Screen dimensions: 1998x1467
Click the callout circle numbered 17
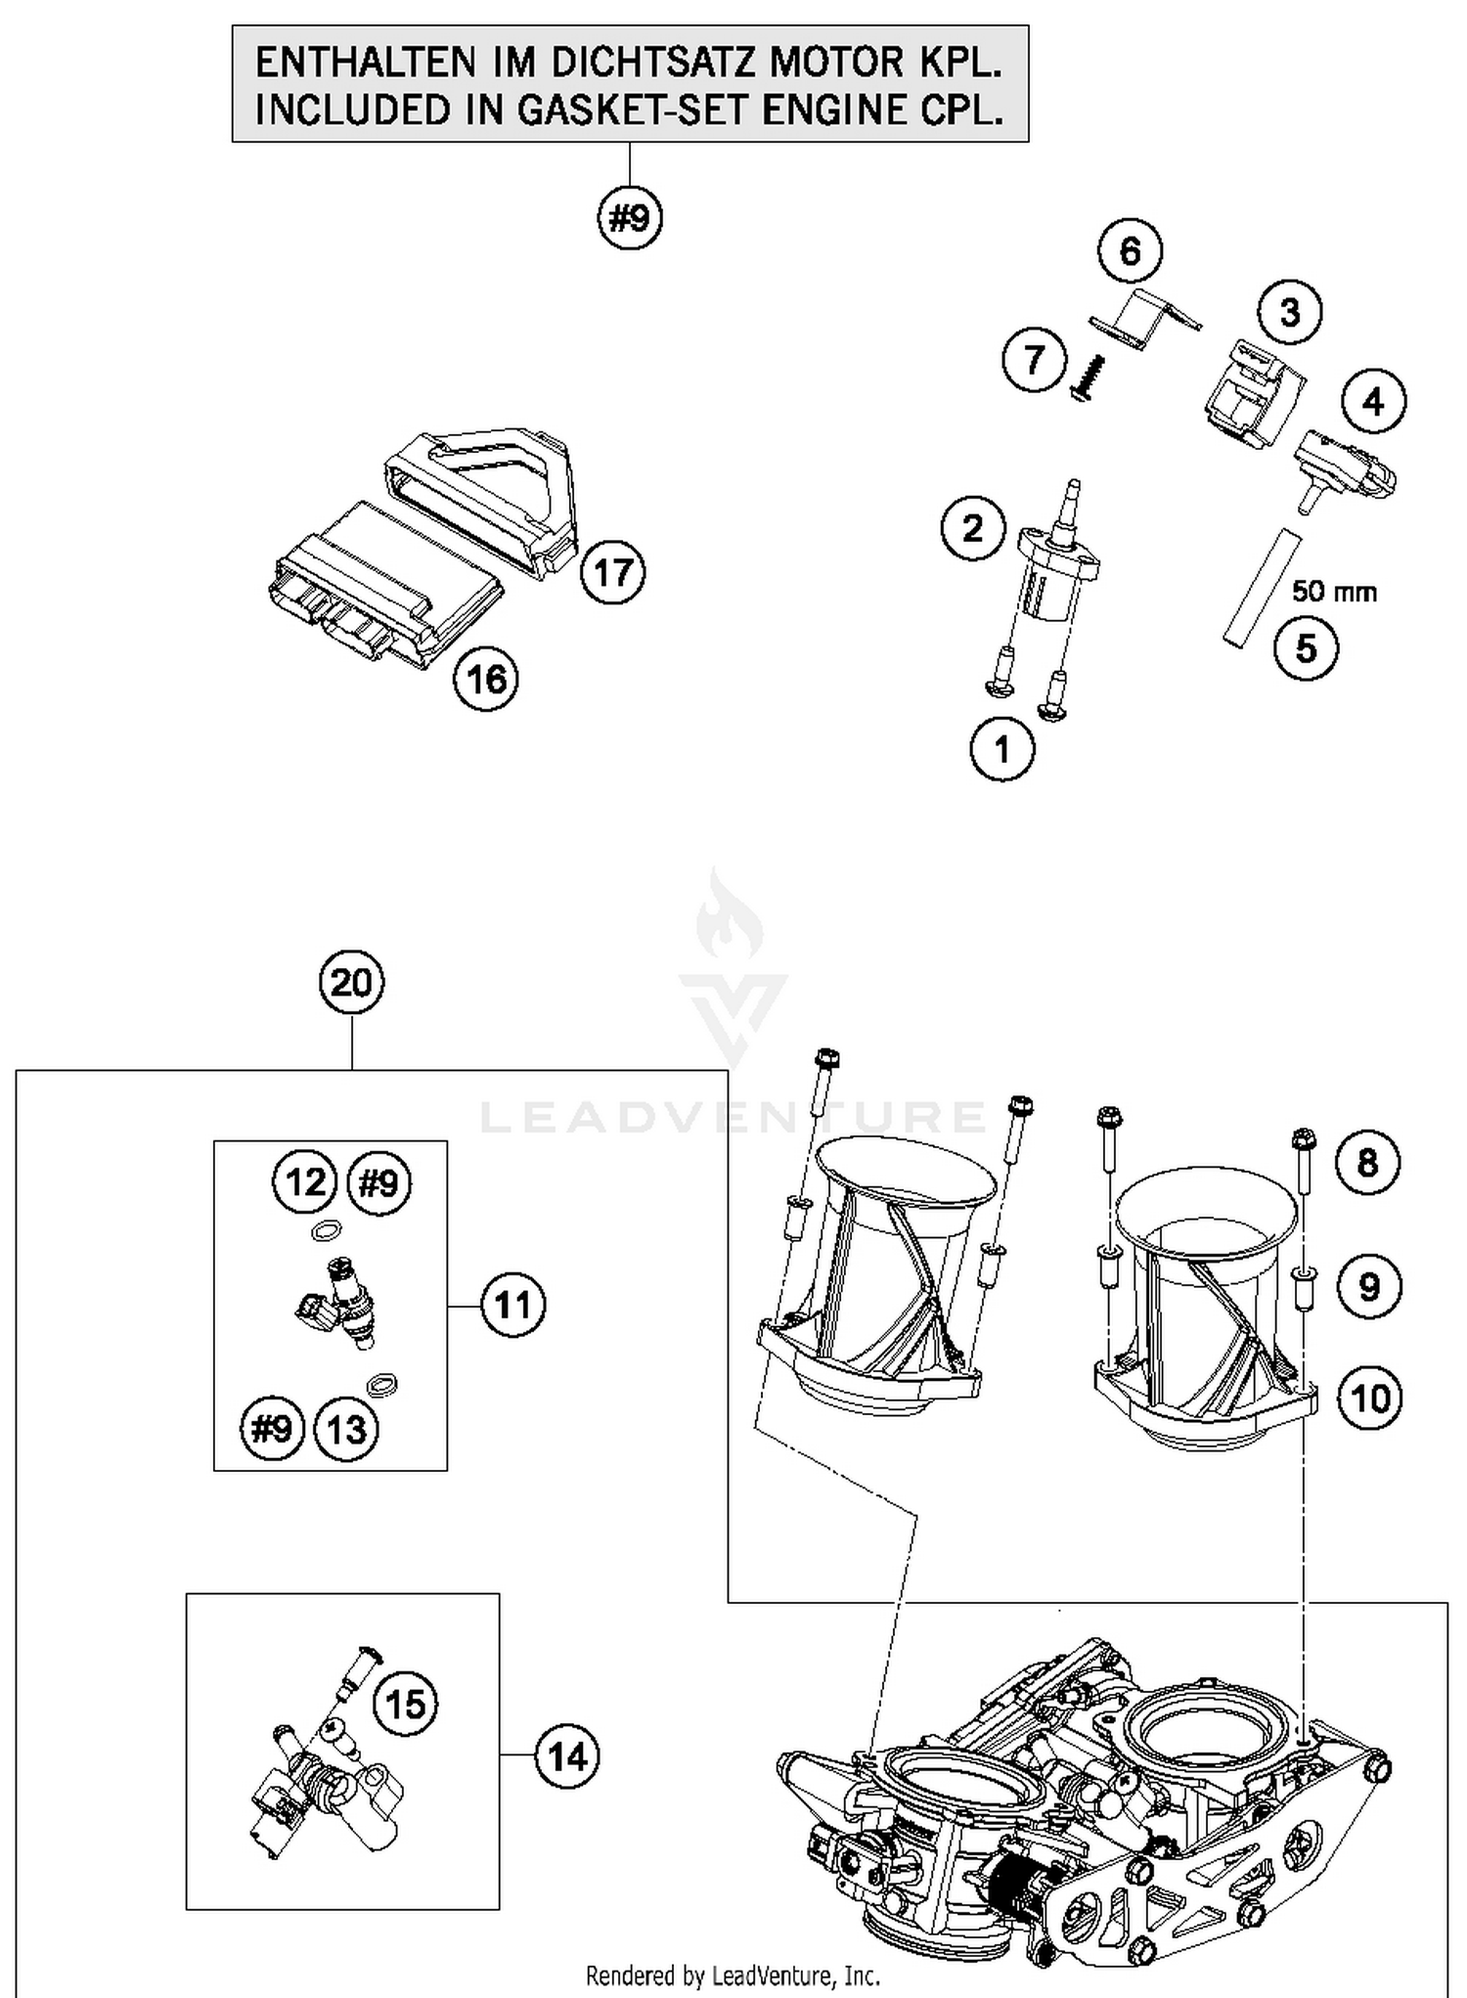613,572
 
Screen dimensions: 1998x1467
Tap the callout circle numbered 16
486,679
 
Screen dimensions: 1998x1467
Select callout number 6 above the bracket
1130,251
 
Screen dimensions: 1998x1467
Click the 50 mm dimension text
1334,592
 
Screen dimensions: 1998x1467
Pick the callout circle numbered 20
352,982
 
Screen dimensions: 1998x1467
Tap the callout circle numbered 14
567,1757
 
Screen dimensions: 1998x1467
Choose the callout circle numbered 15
406,1705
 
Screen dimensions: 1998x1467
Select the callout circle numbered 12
304,1182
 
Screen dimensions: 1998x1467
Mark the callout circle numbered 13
345,1430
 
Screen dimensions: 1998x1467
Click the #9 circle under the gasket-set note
630,217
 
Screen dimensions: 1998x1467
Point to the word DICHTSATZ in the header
655,64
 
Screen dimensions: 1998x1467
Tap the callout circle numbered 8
1367,1163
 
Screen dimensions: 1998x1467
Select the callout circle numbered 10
1369,1399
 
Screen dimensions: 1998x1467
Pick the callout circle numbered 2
973,529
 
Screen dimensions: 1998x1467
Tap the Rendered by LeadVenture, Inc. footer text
733,1976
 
